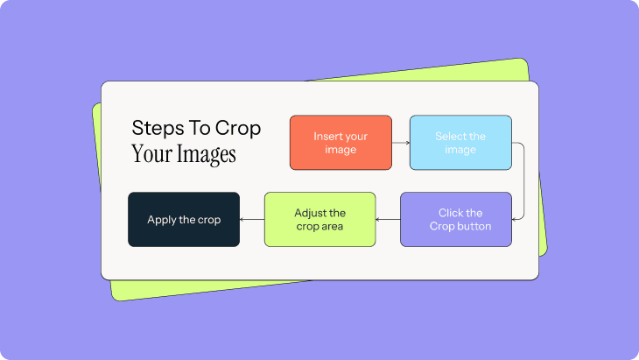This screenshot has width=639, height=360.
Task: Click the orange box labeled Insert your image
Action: (x=341, y=143)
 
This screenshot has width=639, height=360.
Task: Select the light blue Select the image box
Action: (x=460, y=143)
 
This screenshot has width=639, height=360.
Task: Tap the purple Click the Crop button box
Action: (x=456, y=219)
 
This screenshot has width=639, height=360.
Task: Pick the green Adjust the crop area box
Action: (x=319, y=219)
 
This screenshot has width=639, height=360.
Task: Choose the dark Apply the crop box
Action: (x=184, y=219)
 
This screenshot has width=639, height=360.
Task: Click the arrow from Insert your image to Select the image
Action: (x=401, y=143)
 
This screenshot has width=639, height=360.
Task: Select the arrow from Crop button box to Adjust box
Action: (x=388, y=219)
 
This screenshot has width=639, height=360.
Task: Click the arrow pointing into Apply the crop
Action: (x=252, y=219)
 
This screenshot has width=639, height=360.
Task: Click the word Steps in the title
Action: (x=158, y=129)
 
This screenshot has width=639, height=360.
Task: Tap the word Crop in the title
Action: (x=238, y=130)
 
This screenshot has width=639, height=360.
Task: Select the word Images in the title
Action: (x=207, y=154)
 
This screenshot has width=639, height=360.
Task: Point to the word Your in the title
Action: (x=151, y=154)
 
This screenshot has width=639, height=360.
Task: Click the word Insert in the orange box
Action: (x=327, y=136)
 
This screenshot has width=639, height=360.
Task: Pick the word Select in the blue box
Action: (x=447, y=136)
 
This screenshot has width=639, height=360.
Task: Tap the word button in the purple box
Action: (x=473, y=226)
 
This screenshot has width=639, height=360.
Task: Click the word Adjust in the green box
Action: (x=309, y=213)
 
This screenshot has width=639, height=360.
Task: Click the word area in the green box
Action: (x=332, y=227)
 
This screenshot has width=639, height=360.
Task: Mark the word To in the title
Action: (x=199, y=129)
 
